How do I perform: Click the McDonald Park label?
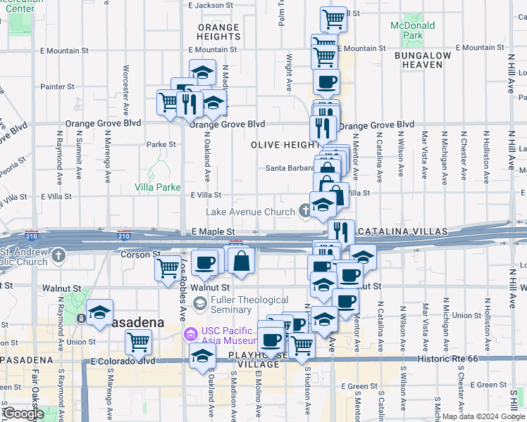point(412,30)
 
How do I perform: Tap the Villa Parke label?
point(158,187)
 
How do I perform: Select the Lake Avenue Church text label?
point(249,212)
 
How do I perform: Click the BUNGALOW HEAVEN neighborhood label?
point(423,60)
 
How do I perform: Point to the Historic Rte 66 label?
point(457,360)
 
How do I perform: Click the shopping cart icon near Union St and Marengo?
point(139,343)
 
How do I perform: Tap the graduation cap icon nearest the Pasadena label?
point(99,312)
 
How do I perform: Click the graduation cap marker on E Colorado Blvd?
point(202,354)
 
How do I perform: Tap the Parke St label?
point(161,144)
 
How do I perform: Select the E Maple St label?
point(212,231)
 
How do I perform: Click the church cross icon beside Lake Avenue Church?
point(304,210)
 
